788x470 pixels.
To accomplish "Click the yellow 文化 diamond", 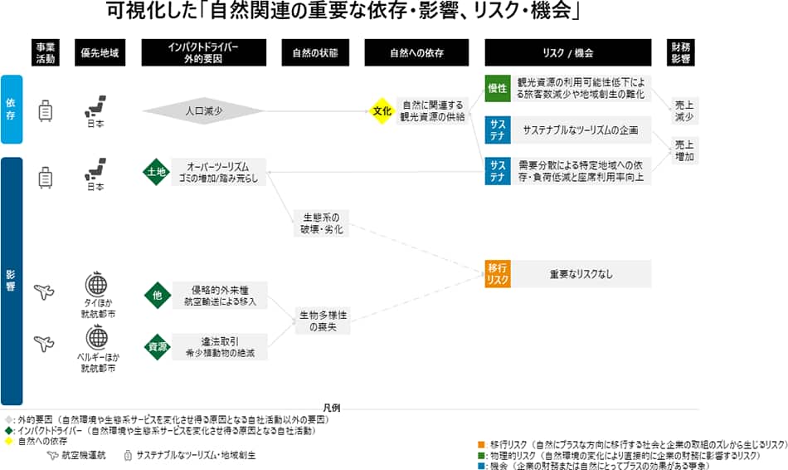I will point(381,110).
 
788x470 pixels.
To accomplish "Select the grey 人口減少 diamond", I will point(203,110).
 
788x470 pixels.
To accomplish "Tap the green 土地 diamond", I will point(155,172).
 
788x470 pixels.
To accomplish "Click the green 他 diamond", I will point(155,295).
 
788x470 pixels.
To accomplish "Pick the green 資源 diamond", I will point(155,346).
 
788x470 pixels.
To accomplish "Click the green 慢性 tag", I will point(498,89).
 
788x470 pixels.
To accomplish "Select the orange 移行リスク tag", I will point(498,273).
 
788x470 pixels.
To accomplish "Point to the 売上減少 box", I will point(684,110).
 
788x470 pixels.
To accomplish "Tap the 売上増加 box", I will point(684,150).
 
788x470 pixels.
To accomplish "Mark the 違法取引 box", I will point(221,346).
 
